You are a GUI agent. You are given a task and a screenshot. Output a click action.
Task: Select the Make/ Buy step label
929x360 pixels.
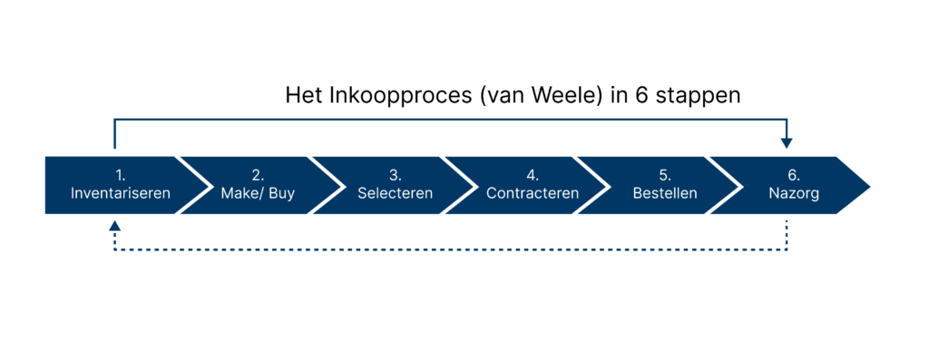[x=258, y=193]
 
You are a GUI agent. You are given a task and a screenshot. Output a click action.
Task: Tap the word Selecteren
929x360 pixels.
[x=395, y=193]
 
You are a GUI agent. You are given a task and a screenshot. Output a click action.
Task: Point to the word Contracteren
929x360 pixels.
[x=533, y=193]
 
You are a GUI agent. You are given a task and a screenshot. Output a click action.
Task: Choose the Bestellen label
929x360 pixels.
[x=665, y=193]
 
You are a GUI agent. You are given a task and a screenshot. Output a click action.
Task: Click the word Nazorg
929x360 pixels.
[x=787, y=193]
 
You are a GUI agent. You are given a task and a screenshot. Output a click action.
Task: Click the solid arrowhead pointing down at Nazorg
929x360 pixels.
[x=787, y=142]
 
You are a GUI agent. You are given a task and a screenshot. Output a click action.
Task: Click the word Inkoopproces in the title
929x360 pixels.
[x=390, y=95]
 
